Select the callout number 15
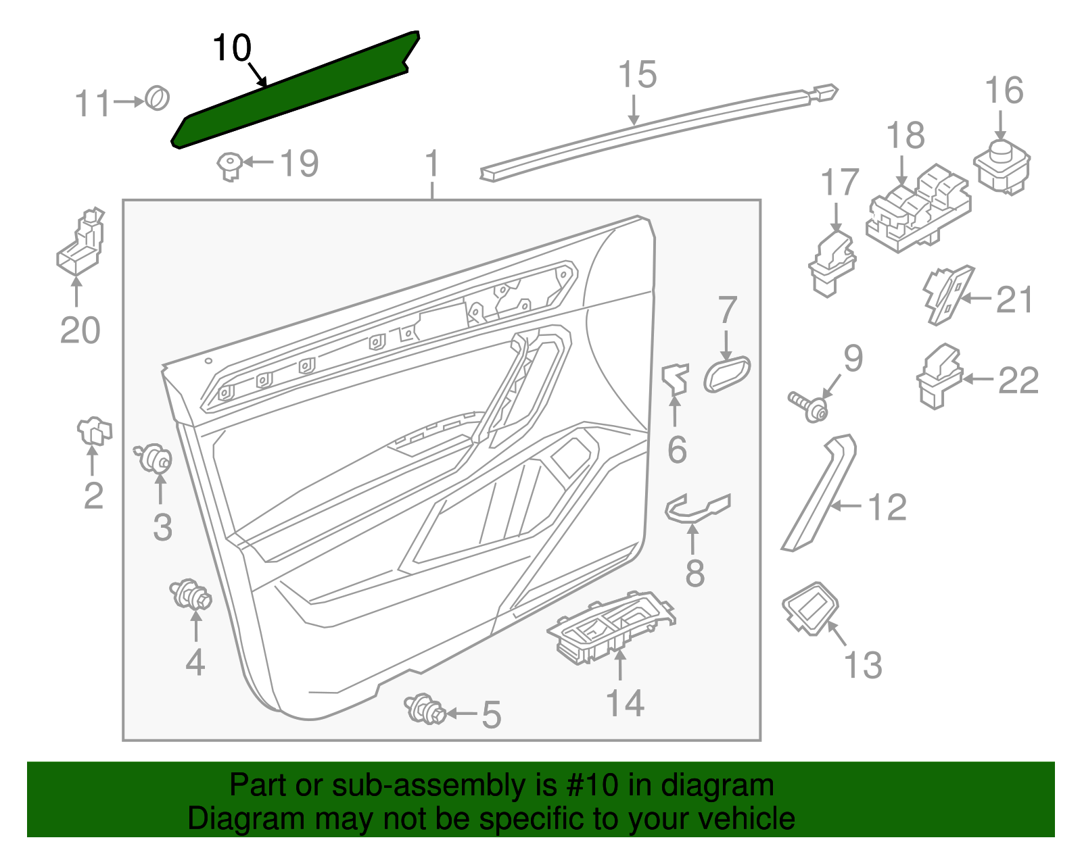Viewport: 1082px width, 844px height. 637,75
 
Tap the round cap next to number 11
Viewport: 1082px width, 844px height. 158,99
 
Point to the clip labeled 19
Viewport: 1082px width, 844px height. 231,165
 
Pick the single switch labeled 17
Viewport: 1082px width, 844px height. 832,263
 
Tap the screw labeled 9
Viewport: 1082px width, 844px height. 809,405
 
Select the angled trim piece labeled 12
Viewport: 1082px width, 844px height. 819,493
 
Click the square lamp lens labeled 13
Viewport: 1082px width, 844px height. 810,607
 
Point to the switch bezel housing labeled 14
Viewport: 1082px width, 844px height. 610,628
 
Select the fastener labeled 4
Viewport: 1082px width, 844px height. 191,595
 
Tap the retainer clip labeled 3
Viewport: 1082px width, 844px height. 154,460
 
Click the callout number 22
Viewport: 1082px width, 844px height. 1018,380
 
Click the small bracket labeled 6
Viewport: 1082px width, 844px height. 675,378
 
